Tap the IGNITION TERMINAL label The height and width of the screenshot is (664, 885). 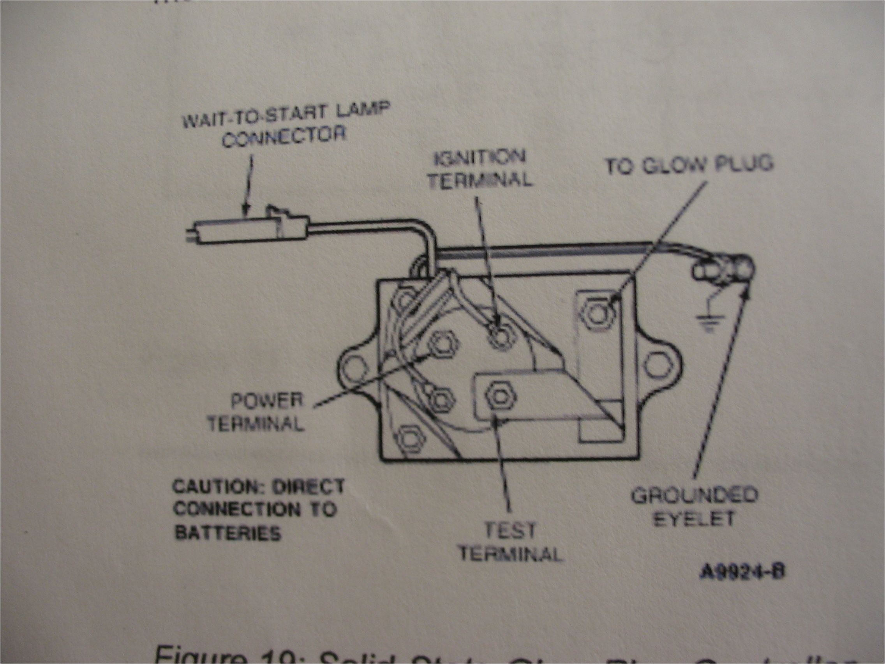480,169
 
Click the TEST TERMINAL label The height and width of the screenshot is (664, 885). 510,542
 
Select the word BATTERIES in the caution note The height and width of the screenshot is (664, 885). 228,533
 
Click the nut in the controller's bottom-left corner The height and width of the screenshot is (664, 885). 409,440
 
